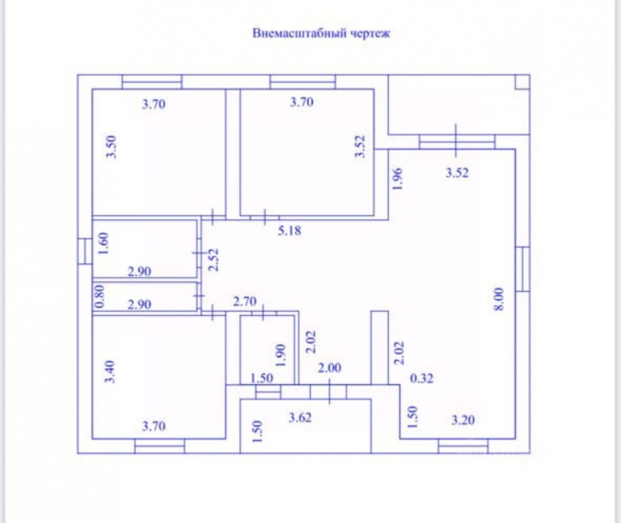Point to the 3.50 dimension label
click(x=112, y=147)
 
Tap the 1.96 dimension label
click(x=397, y=179)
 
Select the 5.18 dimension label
click(x=289, y=230)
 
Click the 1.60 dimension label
click(x=103, y=244)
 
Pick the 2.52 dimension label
click(x=214, y=260)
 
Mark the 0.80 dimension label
click(x=99, y=296)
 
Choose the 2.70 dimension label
click(x=245, y=302)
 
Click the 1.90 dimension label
click(x=280, y=355)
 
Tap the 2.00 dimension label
click(x=329, y=368)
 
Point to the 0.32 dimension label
click(x=422, y=378)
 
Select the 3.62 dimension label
click(x=300, y=417)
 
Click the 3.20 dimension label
click(x=463, y=420)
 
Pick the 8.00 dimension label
click(x=500, y=299)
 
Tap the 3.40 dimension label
click(x=111, y=372)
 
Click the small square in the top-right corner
click(x=522, y=82)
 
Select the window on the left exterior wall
click(x=85, y=251)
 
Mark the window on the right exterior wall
click(x=522, y=269)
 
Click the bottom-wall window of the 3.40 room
click(x=160, y=446)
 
